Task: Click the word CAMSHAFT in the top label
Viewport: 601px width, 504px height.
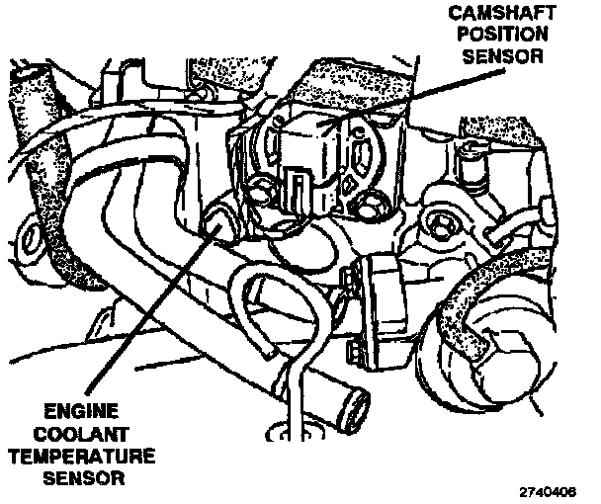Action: [485, 13]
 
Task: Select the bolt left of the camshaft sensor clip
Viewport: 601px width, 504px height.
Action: [264, 192]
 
